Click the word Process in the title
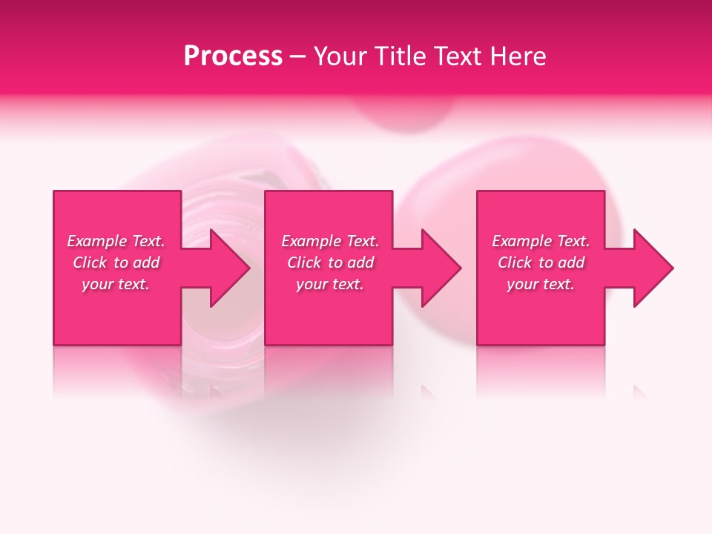click(233, 56)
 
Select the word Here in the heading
click(520, 56)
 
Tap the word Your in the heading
click(337, 56)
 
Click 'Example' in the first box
click(97, 241)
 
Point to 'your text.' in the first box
click(116, 284)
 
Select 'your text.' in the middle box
click(330, 284)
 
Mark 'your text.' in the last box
click(541, 284)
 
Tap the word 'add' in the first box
click(147, 263)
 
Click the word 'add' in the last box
click(572, 263)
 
